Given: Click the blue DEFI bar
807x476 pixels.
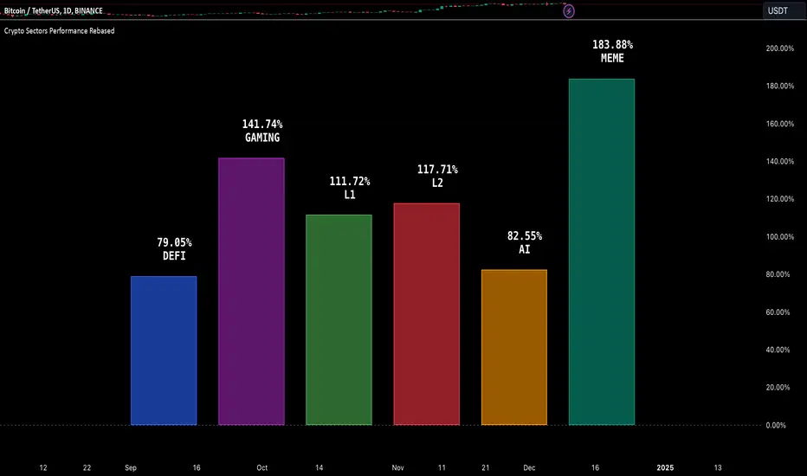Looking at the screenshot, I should click(164, 351).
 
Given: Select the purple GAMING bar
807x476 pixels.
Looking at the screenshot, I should click(251, 292).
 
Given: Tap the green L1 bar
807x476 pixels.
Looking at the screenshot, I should click(339, 320).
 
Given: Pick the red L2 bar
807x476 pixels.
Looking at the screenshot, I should click(426, 314).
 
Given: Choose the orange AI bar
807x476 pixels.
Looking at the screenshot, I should click(513, 347).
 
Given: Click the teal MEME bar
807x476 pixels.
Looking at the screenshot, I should click(601, 252).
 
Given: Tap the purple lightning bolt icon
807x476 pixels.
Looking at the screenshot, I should click(570, 11).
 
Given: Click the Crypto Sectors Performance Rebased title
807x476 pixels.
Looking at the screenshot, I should click(59, 30).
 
